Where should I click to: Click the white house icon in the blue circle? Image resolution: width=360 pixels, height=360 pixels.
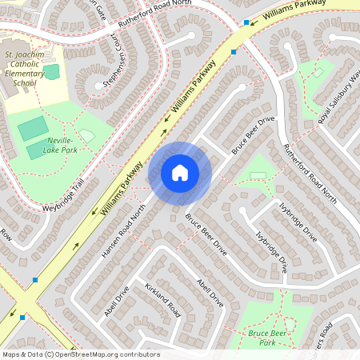[180, 173]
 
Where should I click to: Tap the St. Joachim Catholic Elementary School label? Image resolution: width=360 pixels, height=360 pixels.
[25, 68]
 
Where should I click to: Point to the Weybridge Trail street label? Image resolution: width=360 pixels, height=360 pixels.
[63, 197]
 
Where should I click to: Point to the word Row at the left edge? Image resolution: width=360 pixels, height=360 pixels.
[6, 236]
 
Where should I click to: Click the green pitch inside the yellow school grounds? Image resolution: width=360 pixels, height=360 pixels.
[52, 72]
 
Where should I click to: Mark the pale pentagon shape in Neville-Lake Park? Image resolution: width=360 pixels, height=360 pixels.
[86, 137]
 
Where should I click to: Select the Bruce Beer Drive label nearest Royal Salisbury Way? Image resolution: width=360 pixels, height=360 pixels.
[254, 134]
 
